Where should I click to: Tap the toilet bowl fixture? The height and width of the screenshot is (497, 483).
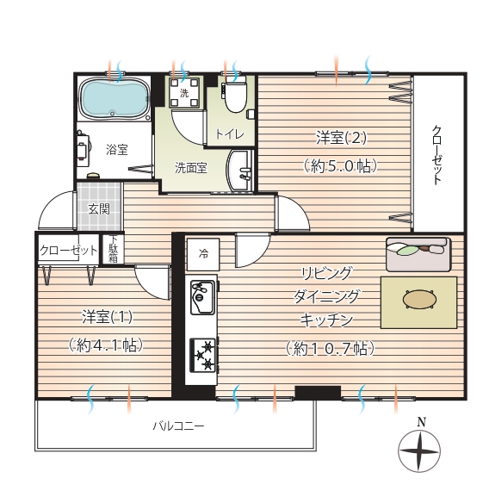point(235,95)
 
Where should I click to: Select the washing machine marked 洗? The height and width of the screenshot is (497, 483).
point(184,92)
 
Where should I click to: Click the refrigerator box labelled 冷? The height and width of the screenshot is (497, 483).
point(203,254)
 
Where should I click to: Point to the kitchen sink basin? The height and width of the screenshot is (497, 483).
point(202,297)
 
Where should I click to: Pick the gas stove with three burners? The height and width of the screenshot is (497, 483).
point(203,355)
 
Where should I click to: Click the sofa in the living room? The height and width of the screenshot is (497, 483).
point(418,254)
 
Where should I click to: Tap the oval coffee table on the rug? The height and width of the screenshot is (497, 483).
point(418,299)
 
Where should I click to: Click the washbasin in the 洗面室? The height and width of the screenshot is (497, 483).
point(239,171)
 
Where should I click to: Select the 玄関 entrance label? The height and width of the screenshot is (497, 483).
point(99,209)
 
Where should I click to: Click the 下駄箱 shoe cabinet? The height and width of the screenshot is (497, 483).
point(113,249)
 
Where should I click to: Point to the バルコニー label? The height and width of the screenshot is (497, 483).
point(178,426)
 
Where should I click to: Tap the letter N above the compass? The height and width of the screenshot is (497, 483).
point(421,422)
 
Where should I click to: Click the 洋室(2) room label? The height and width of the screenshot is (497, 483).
point(341,138)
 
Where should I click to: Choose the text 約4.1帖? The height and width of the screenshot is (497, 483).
point(106,345)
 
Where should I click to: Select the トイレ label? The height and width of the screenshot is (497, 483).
point(230,134)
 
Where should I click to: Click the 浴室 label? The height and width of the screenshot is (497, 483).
point(117,149)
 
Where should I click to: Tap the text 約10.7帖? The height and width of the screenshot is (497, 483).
point(331,349)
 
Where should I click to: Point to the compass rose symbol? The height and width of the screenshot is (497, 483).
point(419,451)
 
